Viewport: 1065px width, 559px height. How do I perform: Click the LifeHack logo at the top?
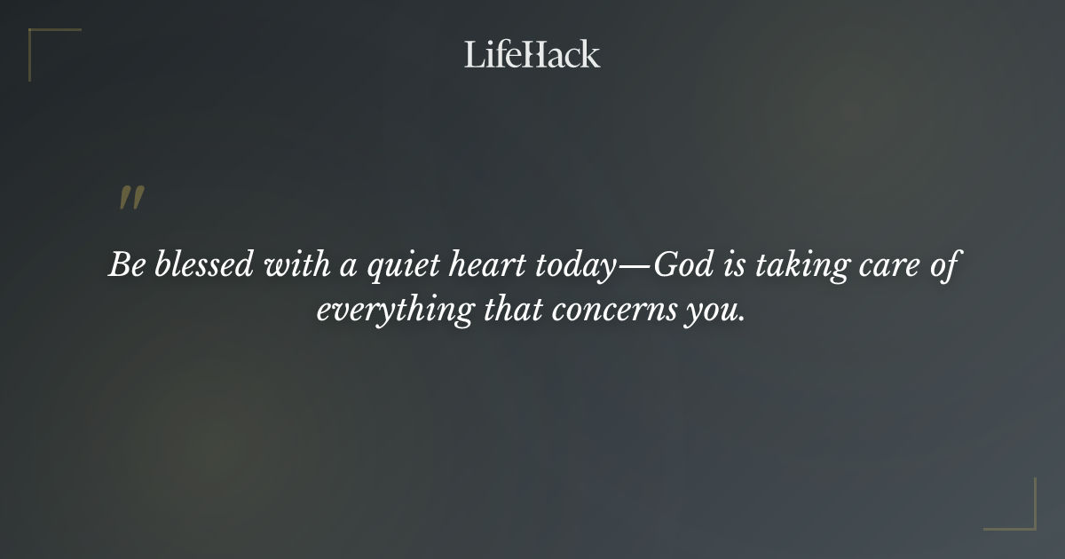click(532, 54)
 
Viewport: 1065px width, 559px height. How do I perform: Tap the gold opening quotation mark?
click(131, 199)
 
